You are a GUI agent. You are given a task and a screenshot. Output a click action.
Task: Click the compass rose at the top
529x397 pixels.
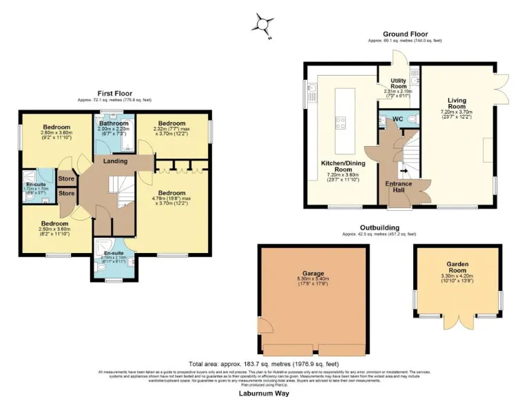(263, 24)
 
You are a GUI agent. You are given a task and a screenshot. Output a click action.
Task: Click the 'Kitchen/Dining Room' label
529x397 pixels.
(342, 165)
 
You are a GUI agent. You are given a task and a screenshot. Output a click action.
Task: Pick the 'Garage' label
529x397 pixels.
(314, 273)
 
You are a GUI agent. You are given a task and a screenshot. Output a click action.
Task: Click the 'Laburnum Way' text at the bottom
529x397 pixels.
(264, 393)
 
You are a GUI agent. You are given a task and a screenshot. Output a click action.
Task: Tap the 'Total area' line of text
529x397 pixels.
(263, 364)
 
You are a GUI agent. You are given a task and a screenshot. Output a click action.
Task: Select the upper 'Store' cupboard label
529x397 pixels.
(66, 179)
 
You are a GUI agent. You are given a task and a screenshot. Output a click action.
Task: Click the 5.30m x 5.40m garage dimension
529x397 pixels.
(314, 279)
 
